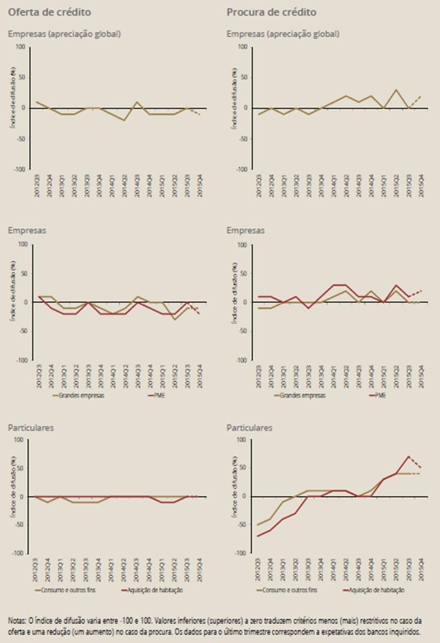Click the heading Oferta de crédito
click(x=49, y=12)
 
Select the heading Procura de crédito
click(x=271, y=12)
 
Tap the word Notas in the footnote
click(x=19, y=620)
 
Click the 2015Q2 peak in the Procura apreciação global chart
click(x=397, y=90)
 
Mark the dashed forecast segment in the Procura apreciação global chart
click(x=415, y=102)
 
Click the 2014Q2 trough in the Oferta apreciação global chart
click(x=124, y=120)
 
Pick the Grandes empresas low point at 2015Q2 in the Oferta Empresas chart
click(x=174, y=319)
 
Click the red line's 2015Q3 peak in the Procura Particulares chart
click(x=408, y=457)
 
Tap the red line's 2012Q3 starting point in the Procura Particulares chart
click(x=258, y=536)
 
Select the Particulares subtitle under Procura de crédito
click(x=249, y=428)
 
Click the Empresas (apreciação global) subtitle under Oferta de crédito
click(x=64, y=34)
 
